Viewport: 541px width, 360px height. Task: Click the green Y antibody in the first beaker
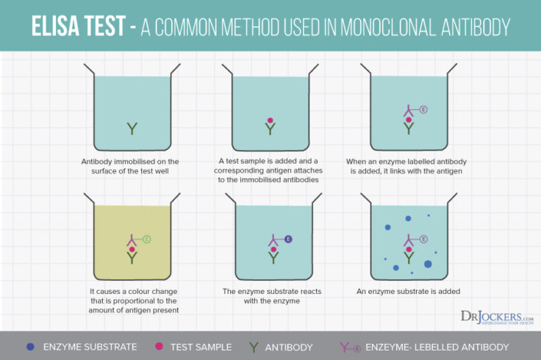132,129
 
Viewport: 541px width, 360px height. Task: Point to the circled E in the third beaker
423,110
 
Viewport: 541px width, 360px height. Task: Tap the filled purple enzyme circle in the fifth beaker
288,240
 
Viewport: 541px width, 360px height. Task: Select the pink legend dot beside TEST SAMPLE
157,346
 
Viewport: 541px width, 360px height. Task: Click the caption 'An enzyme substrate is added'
408,291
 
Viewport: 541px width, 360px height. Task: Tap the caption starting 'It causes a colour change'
132,300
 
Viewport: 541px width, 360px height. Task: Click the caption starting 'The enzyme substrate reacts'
270,296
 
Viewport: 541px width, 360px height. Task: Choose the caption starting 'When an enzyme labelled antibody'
408,166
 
